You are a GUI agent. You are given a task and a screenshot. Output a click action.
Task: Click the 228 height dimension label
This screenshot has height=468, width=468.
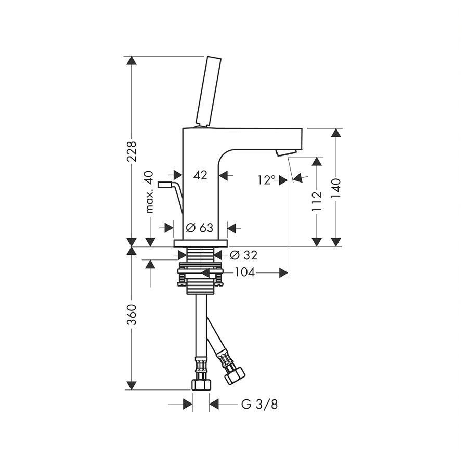pyautogui.click(x=132, y=151)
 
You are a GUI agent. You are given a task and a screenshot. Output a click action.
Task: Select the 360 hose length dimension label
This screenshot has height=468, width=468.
pyautogui.click(x=132, y=315)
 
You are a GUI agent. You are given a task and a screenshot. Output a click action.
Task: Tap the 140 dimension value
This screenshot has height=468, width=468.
pyautogui.click(x=336, y=188)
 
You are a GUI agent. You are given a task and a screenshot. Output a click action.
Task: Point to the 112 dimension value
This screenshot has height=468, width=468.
pyautogui.click(x=317, y=201)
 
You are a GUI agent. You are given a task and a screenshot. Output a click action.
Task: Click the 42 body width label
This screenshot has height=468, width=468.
pyautogui.click(x=200, y=175)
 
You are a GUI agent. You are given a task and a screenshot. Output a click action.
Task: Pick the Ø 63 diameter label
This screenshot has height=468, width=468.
pyautogui.click(x=199, y=228)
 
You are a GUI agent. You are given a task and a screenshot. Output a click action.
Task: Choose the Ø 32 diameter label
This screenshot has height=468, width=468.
pyautogui.click(x=243, y=255)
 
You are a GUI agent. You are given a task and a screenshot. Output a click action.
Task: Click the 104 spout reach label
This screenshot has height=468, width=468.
pyautogui.click(x=244, y=272)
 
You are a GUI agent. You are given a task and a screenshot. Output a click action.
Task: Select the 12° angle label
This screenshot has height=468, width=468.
pyautogui.click(x=267, y=180)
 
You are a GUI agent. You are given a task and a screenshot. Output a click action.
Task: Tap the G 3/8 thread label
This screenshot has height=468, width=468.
pyautogui.click(x=259, y=405)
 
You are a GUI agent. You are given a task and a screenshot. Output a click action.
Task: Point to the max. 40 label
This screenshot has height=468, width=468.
pyautogui.click(x=150, y=191)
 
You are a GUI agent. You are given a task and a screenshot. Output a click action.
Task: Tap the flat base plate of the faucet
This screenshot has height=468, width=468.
pyautogui.click(x=201, y=243)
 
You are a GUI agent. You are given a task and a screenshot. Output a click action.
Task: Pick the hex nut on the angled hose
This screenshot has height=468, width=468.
pyautogui.click(x=235, y=375)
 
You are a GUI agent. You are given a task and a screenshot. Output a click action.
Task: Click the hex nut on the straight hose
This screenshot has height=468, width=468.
pyautogui.click(x=201, y=384)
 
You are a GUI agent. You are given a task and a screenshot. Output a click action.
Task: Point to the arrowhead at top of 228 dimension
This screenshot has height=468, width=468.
pyautogui.click(x=132, y=61)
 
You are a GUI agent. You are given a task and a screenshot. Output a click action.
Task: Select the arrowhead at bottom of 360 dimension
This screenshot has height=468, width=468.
pyautogui.click(x=132, y=385)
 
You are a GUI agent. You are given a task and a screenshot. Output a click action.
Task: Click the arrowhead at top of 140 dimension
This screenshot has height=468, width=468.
pyautogui.click(x=336, y=133)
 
